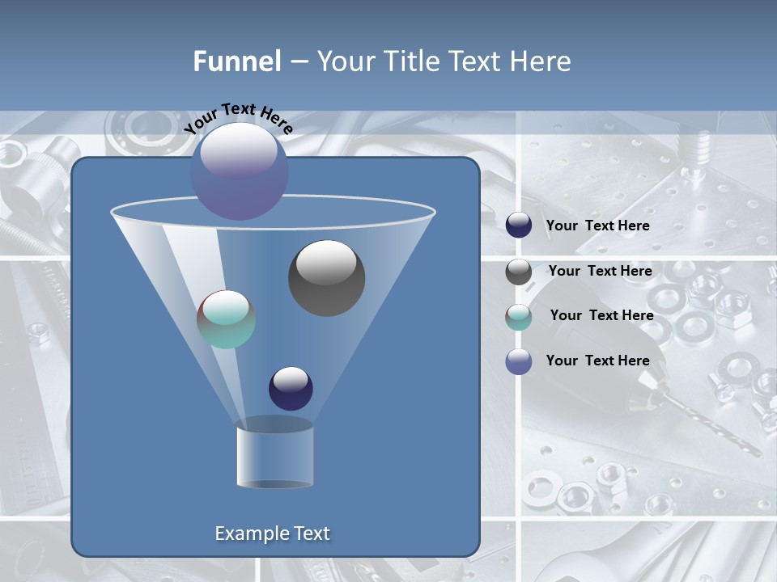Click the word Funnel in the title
(237, 61)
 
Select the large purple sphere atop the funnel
(240, 172)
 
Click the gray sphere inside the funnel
(326, 278)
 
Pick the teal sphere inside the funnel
(226, 319)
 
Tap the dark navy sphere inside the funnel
(291, 388)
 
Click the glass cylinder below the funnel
(274, 454)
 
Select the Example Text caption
(272, 533)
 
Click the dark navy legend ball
(519, 226)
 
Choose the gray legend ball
(519, 272)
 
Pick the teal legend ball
(519, 317)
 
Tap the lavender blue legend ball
(519, 361)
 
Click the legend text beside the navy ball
(597, 226)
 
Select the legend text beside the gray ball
(600, 271)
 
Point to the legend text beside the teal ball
(601, 315)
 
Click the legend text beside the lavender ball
(597, 361)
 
